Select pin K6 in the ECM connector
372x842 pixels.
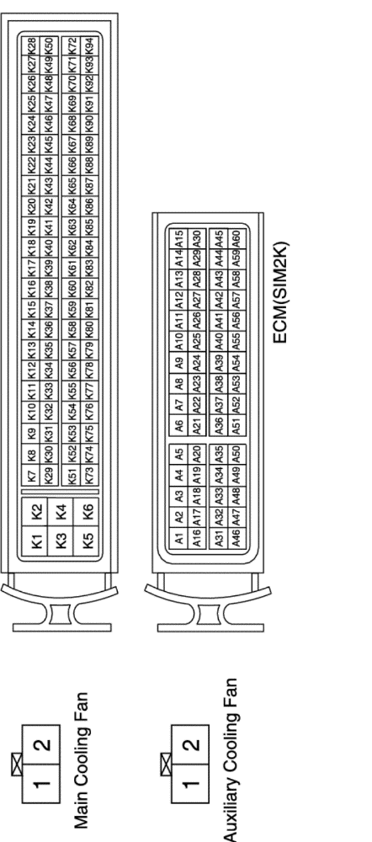click(x=87, y=511)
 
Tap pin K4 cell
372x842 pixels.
click(x=61, y=511)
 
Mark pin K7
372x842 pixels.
click(x=31, y=475)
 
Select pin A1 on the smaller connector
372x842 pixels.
click(x=179, y=536)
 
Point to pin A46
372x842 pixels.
click(x=236, y=536)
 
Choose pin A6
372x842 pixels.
click(x=179, y=425)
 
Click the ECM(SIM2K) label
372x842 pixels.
click(x=280, y=292)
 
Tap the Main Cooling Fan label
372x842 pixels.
click(x=81, y=759)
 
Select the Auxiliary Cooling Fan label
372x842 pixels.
click(x=229, y=759)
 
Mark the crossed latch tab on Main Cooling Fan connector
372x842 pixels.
click(x=17, y=765)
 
